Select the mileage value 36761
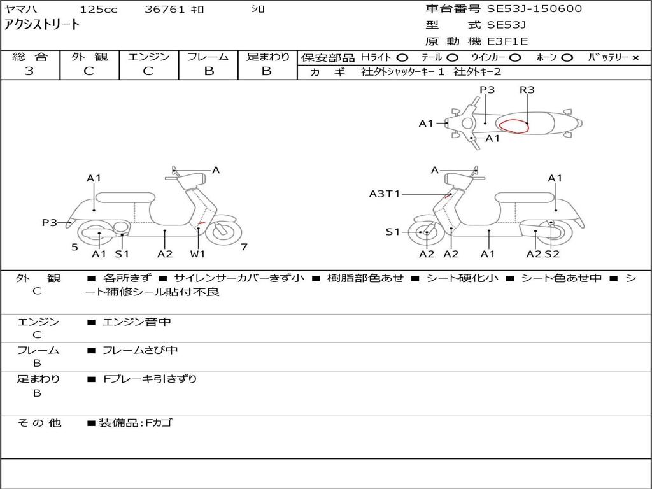pyautogui.click(x=165, y=10)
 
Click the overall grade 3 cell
pyautogui.click(x=29, y=71)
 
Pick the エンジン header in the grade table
pyautogui.click(x=148, y=57)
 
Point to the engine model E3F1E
pyautogui.click(x=507, y=42)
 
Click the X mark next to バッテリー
pyautogui.click(x=635, y=58)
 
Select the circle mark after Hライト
pyautogui.click(x=402, y=58)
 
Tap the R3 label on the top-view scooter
pyautogui.click(x=527, y=90)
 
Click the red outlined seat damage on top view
pyautogui.click(x=513, y=125)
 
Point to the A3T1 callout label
pyautogui.click(x=385, y=194)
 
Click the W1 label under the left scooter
pyautogui.click(x=197, y=254)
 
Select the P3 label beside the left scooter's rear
pyautogui.click(x=50, y=222)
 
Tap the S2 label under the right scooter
pyautogui.click(x=552, y=254)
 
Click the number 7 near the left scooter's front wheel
pyautogui.click(x=244, y=247)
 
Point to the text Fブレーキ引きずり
pyautogui.click(x=150, y=379)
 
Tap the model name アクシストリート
pyautogui.click(x=43, y=25)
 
